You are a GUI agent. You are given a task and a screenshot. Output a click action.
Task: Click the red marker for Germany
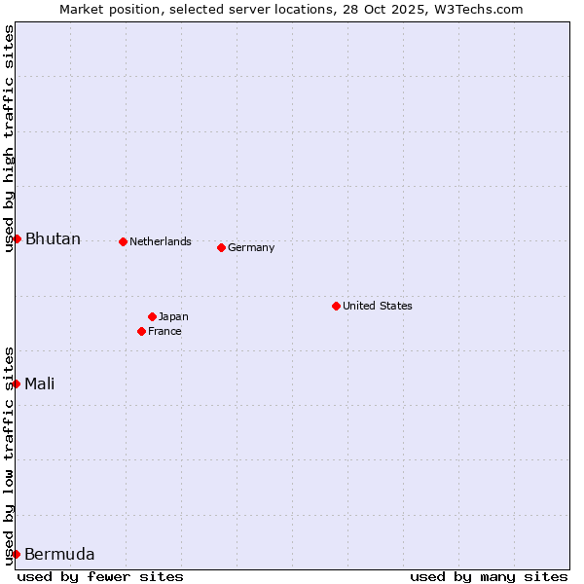click(x=221, y=247)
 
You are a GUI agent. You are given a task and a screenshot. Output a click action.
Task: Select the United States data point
click(x=336, y=306)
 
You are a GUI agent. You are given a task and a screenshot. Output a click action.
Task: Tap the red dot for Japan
click(x=152, y=316)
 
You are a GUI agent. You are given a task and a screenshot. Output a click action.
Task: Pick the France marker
click(x=141, y=331)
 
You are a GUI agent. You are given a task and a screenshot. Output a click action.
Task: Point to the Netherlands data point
click(x=123, y=241)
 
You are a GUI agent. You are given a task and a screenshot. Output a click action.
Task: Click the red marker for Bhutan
click(x=17, y=238)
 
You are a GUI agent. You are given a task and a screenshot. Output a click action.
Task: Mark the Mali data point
click(x=17, y=383)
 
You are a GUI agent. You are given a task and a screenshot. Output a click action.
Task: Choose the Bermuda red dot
click(x=17, y=554)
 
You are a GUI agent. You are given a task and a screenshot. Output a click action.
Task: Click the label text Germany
click(x=251, y=247)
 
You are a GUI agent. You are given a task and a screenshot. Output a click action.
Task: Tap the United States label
click(x=378, y=306)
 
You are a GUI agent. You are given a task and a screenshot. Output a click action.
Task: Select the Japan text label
click(x=173, y=316)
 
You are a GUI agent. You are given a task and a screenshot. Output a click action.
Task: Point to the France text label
click(x=164, y=331)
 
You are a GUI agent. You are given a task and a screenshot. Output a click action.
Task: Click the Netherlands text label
click(x=161, y=241)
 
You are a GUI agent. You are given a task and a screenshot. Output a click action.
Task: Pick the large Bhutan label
click(x=53, y=239)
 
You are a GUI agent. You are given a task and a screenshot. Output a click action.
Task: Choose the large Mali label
click(x=40, y=383)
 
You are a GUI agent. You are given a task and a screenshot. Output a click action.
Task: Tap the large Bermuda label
click(x=59, y=555)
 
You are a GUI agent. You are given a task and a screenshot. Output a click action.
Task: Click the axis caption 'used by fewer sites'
click(x=100, y=576)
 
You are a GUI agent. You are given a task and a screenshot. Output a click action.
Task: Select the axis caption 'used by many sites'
click(x=489, y=576)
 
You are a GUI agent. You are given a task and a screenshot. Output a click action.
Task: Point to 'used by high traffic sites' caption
click(x=9, y=138)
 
